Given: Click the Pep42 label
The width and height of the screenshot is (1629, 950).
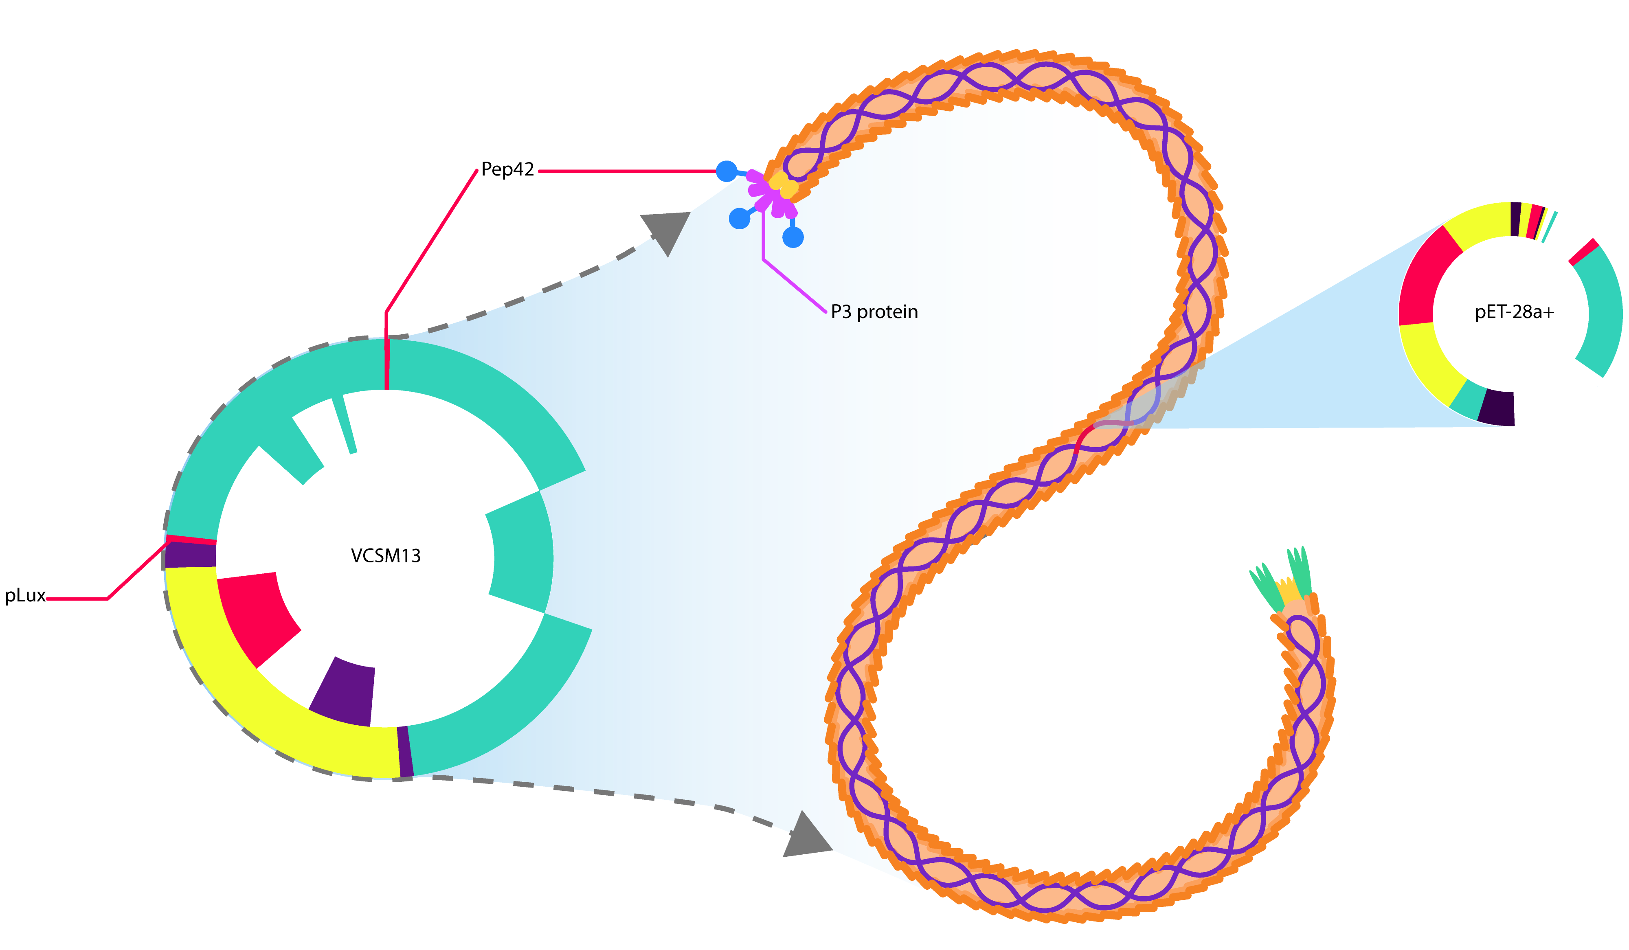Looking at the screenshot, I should coord(507,170).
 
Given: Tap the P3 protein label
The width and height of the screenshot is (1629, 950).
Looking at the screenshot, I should coord(874,312).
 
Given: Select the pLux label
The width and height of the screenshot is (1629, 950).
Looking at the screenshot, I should coord(24,595).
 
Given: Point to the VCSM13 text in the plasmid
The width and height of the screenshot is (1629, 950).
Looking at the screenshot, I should coord(386,556).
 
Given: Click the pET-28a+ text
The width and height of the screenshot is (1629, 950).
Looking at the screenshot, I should coord(1514,313).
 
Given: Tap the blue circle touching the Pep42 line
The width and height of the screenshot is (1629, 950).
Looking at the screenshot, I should coord(727,171).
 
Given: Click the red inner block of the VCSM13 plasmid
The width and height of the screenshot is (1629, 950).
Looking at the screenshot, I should coord(255,614).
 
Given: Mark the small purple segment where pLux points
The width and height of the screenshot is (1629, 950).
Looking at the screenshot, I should coord(190,555).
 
